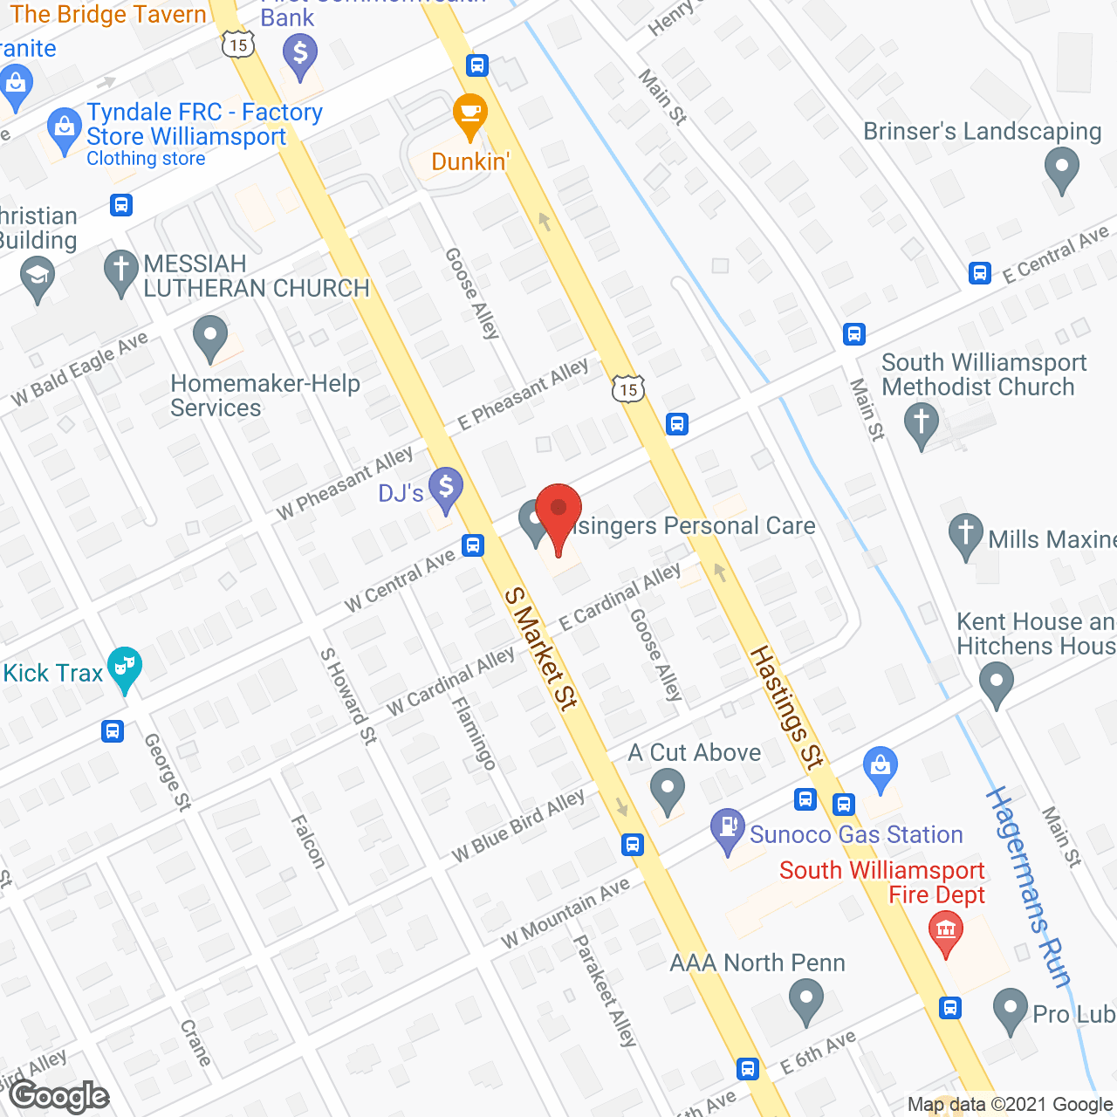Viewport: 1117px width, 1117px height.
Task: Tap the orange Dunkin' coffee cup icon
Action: point(469,115)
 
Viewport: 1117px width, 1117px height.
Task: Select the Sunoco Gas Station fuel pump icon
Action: point(727,830)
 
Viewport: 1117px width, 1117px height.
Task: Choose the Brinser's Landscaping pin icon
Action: point(1061,168)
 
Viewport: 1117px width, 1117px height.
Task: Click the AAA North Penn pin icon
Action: point(805,1000)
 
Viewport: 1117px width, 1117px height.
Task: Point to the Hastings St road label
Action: point(786,707)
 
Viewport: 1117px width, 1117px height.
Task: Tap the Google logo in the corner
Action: point(59,1096)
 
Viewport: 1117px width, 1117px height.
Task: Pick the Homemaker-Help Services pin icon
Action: point(209,338)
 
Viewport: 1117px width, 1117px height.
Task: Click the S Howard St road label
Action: point(347,696)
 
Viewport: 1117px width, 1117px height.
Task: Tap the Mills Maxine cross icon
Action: point(965,535)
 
